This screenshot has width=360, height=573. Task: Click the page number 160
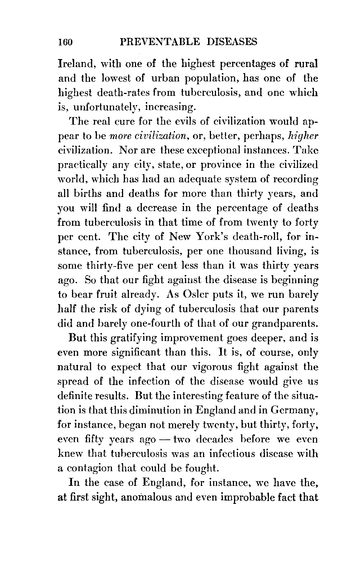(x=65, y=42)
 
